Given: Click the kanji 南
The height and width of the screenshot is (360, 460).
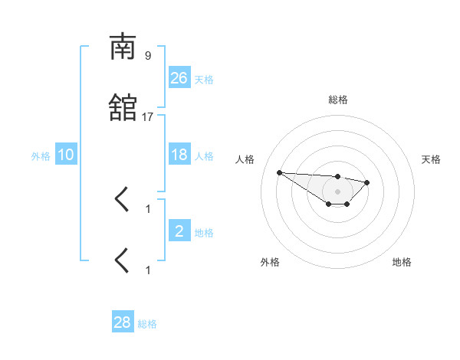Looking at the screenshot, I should click(122, 47).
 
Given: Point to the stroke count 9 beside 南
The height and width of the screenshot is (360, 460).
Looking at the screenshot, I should click(148, 55).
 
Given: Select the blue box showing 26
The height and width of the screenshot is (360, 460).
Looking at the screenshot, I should click(179, 78).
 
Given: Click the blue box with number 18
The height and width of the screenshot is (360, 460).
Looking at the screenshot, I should click(179, 155).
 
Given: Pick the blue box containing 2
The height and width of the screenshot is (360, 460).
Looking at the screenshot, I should click(179, 231).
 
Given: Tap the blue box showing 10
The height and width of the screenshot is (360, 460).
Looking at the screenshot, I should click(66, 155).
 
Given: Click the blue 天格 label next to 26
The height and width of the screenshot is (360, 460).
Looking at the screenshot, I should click(204, 80).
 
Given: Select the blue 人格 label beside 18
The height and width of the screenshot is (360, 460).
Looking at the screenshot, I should click(204, 156).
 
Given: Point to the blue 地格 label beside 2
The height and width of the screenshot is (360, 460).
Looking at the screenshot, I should click(204, 233).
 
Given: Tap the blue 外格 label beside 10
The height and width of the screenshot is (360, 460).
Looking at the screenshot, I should click(41, 156).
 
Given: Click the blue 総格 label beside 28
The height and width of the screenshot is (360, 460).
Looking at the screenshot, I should click(147, 324).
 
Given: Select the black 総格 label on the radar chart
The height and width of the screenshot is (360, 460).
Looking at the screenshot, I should click(338, 100).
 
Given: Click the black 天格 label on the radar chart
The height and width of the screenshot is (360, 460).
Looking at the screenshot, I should click(431, 159).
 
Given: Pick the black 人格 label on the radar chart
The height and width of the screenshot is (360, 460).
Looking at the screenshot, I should click(245, 159).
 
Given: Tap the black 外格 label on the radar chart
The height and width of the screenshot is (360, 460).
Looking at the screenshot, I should click(270, 262).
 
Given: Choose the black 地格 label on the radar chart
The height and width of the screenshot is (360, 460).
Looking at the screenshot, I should click(402, 262).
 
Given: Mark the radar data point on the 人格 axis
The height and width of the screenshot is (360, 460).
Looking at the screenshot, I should click(279, 172).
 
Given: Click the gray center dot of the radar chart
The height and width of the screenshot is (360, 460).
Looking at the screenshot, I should click(338, 191).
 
